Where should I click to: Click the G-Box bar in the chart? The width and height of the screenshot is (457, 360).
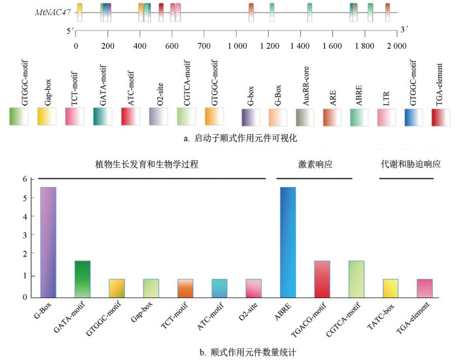pos(48,242)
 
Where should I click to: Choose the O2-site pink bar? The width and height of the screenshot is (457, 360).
pos(253,288)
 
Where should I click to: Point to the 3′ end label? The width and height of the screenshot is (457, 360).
pos(404,30)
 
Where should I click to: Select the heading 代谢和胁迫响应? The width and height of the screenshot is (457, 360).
pos(409,165)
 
